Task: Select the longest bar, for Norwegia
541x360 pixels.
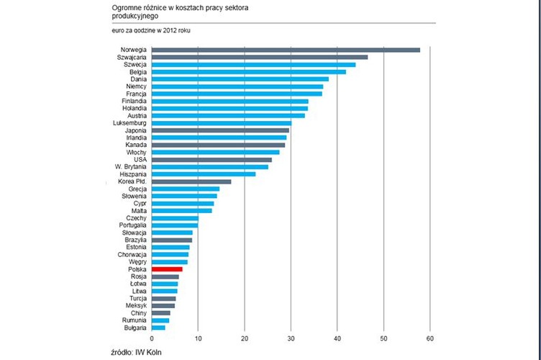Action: pos(286,50)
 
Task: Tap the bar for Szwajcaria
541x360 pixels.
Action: pos(260,57)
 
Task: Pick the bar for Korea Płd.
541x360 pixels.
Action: pos(191,181)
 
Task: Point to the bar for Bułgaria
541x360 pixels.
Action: pos(158,328)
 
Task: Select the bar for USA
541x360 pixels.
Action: pos(212,159)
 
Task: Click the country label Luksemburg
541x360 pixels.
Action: pos(130,123)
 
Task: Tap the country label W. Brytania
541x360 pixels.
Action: pos(132,167)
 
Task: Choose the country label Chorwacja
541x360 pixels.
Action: pos(132,254)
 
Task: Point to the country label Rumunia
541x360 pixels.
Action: pos(135,320)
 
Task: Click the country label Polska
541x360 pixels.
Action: pos(137,269)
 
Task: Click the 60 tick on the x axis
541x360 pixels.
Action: pos(430,338)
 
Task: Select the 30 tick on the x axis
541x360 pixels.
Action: pos(291,338)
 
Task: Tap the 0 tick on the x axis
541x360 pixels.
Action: pos(152,338)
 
